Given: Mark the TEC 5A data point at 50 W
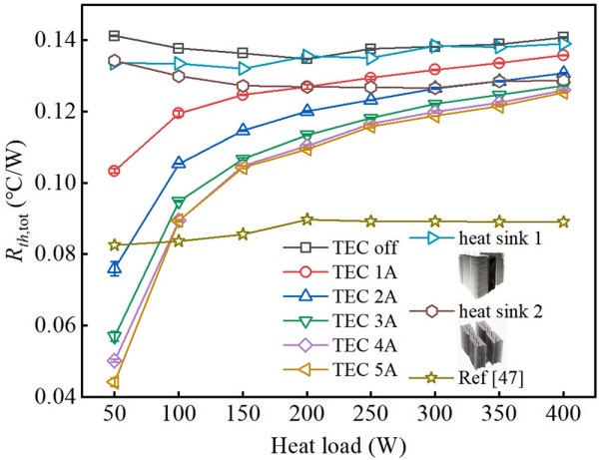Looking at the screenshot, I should click(114, 382).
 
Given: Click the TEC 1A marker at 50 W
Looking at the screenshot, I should click(114, 171).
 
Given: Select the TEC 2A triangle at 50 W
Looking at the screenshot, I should click(114, 268).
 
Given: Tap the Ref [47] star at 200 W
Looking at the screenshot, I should click(306, 220).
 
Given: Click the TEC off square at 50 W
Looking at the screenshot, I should click(114, 36).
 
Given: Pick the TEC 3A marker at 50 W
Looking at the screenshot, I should click(114, 337).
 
